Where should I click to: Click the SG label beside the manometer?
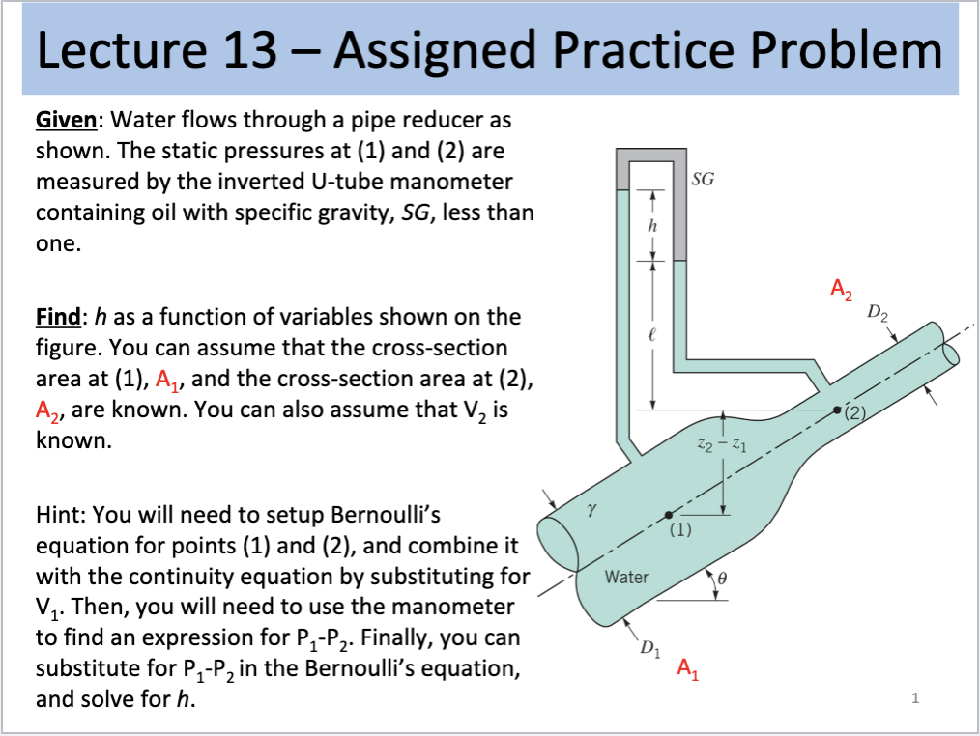(703, 181)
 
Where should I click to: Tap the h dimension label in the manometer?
(652, 225)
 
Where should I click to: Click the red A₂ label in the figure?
(842, 288)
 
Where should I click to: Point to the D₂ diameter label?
(879, 312)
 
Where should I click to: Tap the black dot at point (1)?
(667, 514)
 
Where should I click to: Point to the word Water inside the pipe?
(625, 577)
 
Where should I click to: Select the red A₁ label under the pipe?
(687, 667)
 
